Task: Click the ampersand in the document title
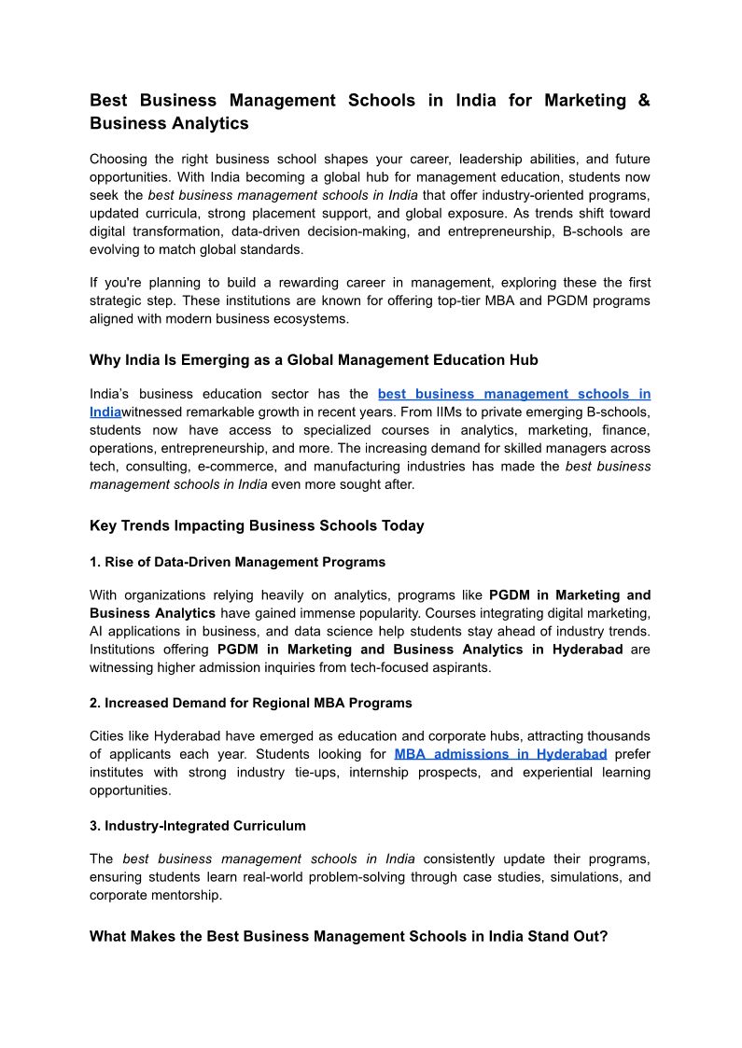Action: (x=642, y=100)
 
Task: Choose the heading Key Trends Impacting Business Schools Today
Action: (x=257, y=525)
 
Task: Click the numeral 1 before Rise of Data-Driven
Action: (x=93, y=562)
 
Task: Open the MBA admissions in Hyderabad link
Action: (x=500, y=754)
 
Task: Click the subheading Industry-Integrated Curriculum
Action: (x=204, y=826)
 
